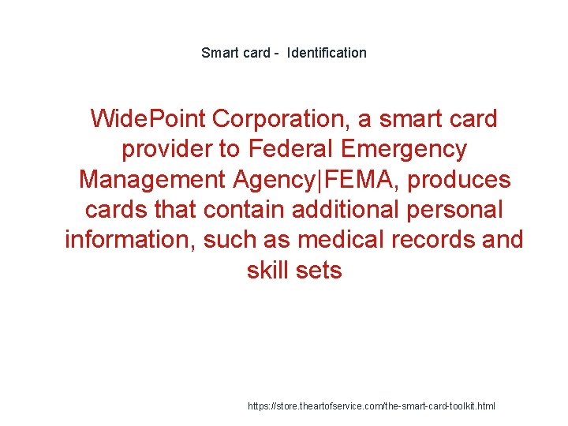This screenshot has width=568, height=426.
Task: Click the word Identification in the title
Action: pos(327,53)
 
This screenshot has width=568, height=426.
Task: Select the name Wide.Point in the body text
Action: pos(147,119)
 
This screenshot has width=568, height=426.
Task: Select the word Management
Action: pos(152,180)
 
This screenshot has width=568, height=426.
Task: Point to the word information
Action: pos(131,240)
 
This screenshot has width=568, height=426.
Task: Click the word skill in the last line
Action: pos(269,271)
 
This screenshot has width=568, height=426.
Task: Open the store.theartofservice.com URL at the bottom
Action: pos(372,406)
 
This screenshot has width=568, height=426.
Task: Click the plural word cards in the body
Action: pos(114,210)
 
